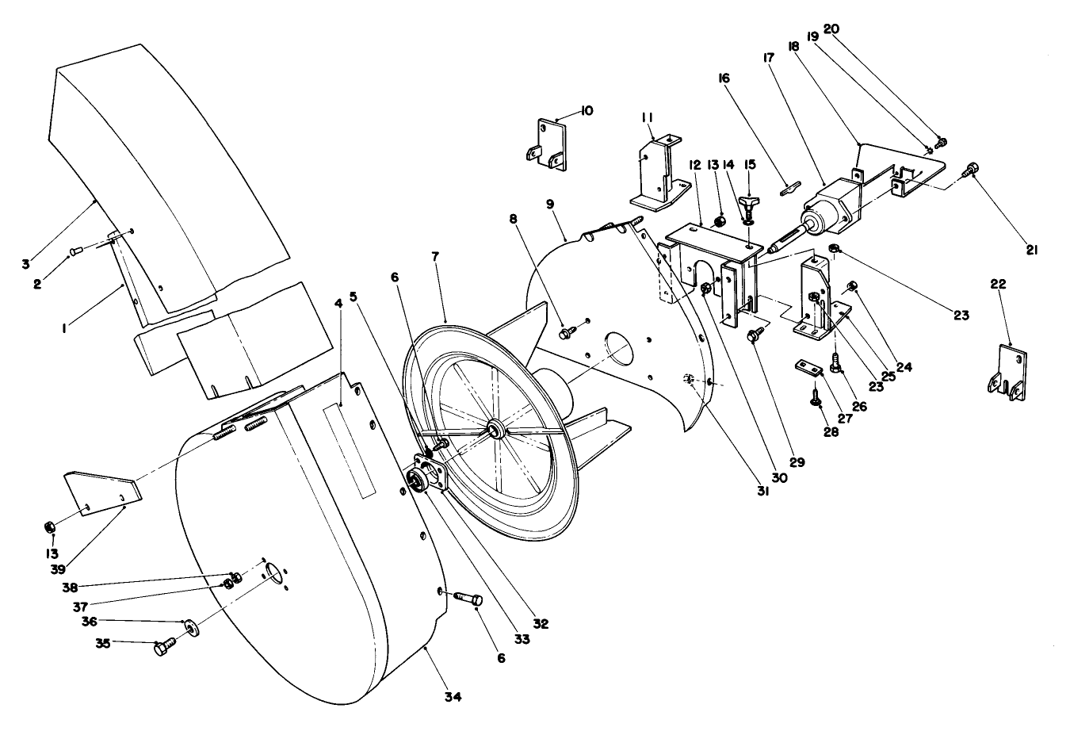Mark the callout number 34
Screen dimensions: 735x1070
453,697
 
